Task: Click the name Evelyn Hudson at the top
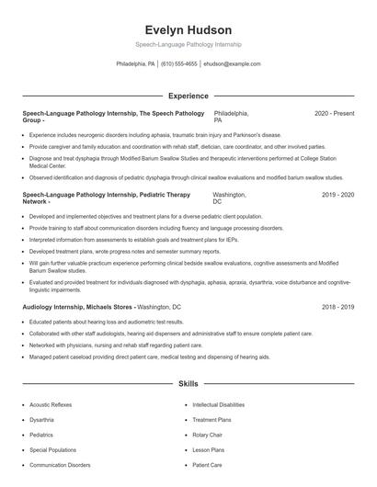point(188,29)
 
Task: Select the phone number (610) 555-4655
point(178,64)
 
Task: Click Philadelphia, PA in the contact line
point(135,64)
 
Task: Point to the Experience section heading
point(188,96)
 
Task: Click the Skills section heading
point(188,382)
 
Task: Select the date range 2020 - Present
point(334,113)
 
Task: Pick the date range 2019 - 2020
point(337,196)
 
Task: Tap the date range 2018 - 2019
point(337,306)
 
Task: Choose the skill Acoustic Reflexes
point(51,404)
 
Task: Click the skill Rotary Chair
point(208,435)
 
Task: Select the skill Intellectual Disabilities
point(218,404)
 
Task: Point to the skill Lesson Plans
point(208,450)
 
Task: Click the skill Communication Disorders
point(60,465)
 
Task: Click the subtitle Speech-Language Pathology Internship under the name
point(188,44)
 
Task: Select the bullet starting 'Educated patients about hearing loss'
point(106,323)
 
